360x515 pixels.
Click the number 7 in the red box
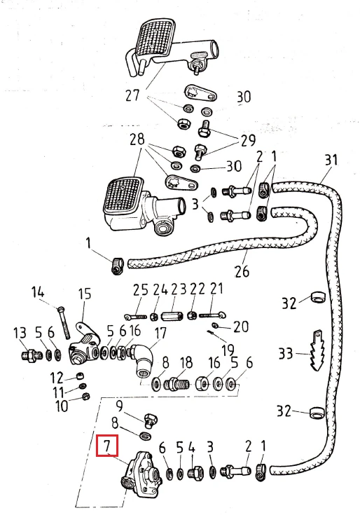tap(106, 446)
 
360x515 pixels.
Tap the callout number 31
tap(331, 160)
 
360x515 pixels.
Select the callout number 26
tap(242, 271)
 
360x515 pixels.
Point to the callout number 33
tap(286, 354)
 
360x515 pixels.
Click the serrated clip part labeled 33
tap(317, 350)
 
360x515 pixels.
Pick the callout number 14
tap(37, 293)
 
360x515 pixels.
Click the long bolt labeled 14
tap(64, 322)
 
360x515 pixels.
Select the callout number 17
tap(160, 334)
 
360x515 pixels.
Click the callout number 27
tap(132, 95)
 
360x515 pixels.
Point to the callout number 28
tap(137, 139)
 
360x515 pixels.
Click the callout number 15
tap(85, 294)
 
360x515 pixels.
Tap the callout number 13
tap(20, 333)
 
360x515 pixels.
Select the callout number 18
tap(186, 363)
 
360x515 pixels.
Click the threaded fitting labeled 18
tap(178, 384)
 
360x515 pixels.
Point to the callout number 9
tap(119, 406)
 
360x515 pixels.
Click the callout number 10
tap(62, 406)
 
